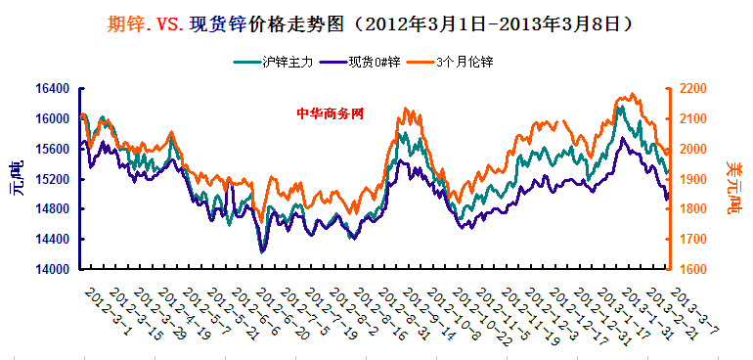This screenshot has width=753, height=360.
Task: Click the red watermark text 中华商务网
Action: [330, 112]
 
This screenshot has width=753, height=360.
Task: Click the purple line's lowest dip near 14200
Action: [261, 251]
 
